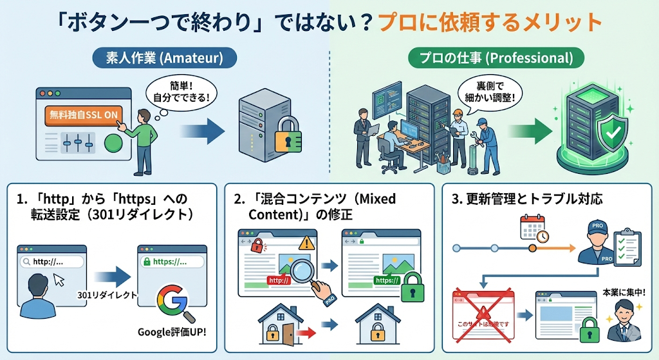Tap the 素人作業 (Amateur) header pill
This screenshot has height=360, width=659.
click(164, 58)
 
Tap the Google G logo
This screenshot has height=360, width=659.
click(171, 301)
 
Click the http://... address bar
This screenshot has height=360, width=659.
click(51, 262)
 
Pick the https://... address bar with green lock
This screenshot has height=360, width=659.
click(171, 262)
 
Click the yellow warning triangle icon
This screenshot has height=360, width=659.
click(305, 243)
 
